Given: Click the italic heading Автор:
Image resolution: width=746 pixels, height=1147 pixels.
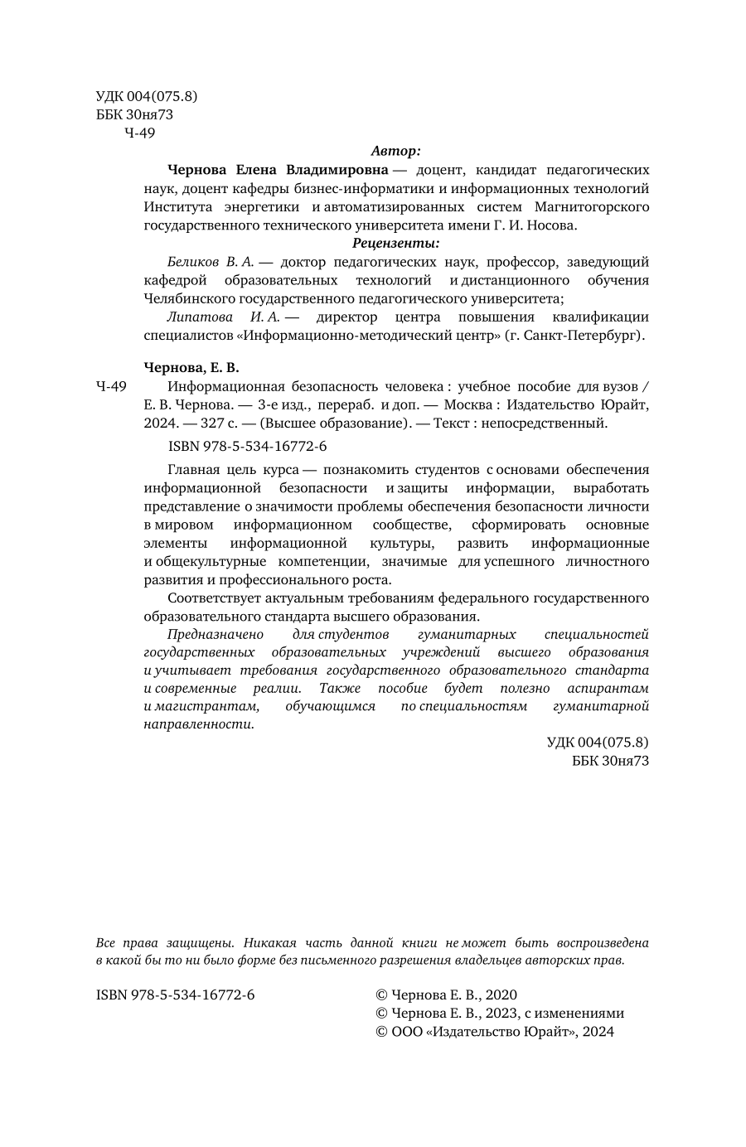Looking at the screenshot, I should (x=395, y=151).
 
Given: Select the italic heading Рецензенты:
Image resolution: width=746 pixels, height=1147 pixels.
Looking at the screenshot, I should (x=395, y=243).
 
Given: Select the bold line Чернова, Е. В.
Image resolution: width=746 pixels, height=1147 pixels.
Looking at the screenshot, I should (x=191, y=368).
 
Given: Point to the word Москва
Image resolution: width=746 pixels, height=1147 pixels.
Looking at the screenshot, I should (x=467, y=404).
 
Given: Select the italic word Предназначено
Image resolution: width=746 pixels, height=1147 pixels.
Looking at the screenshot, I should (x=216, y=634).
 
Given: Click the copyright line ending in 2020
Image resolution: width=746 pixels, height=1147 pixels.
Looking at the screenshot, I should (x=446, y=995).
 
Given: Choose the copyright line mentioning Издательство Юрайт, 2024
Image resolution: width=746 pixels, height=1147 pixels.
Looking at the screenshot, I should (x=495, y=1032).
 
